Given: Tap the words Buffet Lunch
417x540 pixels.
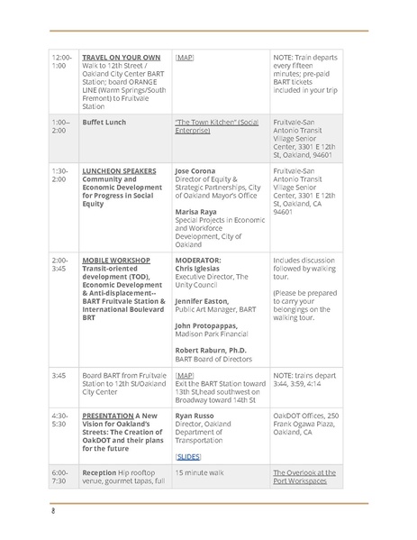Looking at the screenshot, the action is [102, 120].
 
